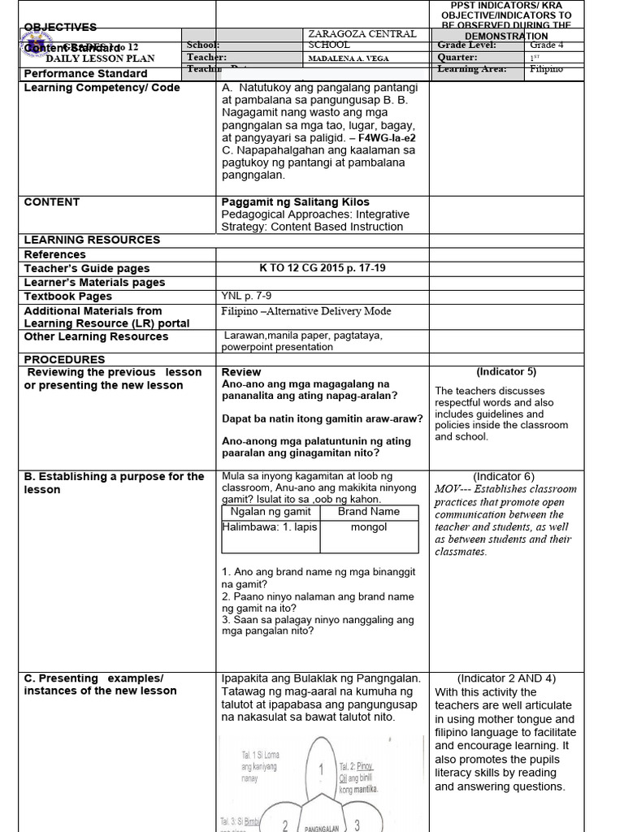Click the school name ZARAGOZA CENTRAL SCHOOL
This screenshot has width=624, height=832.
pyautogui.click(x=362, y=39)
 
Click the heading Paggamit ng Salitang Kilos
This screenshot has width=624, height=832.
pyautogui.click(x=295, y=201)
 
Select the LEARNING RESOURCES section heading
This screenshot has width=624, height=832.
pyautogui.click(x=92, y=240)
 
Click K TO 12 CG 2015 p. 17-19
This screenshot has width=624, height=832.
pyautogui.click(x=322, y=268)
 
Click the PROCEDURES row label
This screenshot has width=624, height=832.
pyautogui.click(x=64, y=359)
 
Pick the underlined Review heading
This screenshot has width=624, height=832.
pyautogui.click(x=241, y=372)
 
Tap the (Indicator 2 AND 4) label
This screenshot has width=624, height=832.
pyautogui.click(x=506, y=678)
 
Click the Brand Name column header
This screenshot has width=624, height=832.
pyautogui.click(x=369, y=512)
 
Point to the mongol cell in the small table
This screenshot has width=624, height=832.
pyautogui.click(x=368, y=526)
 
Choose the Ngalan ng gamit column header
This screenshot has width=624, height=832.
pyautogui.click(x=270, y=512)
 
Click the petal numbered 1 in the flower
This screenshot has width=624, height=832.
pyautogui.click(x=322, y=769)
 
